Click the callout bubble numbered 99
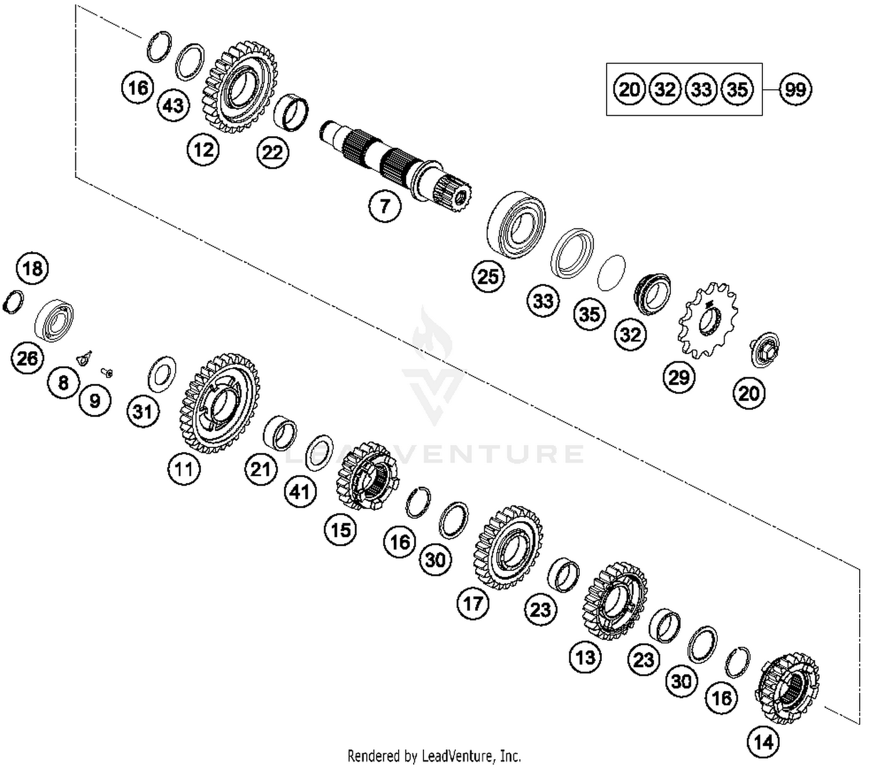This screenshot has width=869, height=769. [795, 89]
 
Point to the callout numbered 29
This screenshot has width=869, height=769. [678, 378]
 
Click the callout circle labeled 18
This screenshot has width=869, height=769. [32, 268]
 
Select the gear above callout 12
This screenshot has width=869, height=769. [239, 87]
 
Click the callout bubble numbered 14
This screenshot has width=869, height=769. [763, 741]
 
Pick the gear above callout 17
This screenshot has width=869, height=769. [507, 547]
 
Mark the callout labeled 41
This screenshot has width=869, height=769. [300, 492]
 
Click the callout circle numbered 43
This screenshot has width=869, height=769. [173, 105]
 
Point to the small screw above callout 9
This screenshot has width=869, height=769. [107, 371]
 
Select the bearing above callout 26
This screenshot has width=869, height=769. [54, 319]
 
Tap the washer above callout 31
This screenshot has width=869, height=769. [162, 374]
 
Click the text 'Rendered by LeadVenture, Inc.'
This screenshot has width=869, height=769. [434, 756]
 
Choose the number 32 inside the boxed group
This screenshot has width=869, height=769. [665, 89]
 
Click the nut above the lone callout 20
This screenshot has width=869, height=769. [765, 349]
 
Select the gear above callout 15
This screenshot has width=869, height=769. [367, 476]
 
